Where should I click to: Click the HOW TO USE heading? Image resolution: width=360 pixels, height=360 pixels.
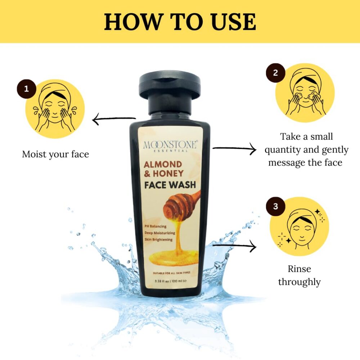pyautogui.click(x=180, y=22)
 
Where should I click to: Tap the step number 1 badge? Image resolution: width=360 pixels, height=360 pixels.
pyautogui.click(x=27, y=89)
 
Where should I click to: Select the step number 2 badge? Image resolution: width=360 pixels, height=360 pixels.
pyautogui.click(x=275, y=73)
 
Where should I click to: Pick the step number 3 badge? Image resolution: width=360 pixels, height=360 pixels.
pyautogui.click(x=275, y=206)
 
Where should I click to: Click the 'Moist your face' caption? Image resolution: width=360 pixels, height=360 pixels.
pyautogui.click(x=55, y=154)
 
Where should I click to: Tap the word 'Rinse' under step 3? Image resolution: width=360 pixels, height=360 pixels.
pyautogui.click(x=300, y=269)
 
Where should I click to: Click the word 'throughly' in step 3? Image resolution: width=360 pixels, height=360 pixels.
pyautogui.click(x=300, y=282)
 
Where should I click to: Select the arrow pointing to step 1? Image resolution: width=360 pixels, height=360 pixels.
pyautogui.click(x=114, y=119)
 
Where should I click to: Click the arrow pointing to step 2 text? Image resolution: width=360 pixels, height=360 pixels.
pyautogui.click(x=234, y=149)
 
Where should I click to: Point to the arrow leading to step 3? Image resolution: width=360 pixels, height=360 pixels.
pyautogui.click(x=234, y=246)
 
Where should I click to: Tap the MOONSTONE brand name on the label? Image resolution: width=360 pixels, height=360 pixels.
pyautogui.click(x=170, y=145)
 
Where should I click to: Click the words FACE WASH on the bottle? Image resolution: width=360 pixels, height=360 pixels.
pyautogui.click(x=170, y=185)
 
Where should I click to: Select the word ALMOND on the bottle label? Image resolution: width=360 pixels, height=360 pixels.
pyautogui.click(x=163, y=165)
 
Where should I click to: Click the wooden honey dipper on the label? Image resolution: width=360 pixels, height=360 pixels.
pyautogui.click(x=182, y=203)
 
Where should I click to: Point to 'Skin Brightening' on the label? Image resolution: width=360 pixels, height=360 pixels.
pyautogui.click(x=158, y=239)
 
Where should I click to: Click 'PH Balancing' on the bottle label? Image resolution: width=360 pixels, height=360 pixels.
pyautogui.click(x=156, y=226)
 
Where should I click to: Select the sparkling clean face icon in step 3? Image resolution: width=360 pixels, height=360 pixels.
pyautogui.click(x=299, y=226)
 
